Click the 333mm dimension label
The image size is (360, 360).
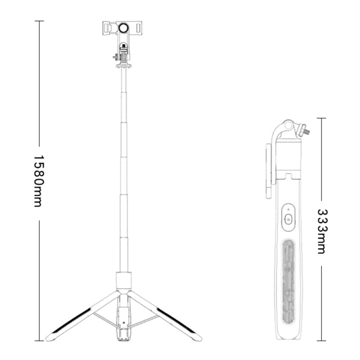pos(321,231)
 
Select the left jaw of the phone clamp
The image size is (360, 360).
pos(107,28)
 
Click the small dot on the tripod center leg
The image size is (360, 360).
pos(124,323)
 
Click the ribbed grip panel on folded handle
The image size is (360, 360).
pos(289,274)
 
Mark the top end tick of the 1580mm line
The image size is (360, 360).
pos(39,21)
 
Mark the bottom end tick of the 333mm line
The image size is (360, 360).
pos(321,340)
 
